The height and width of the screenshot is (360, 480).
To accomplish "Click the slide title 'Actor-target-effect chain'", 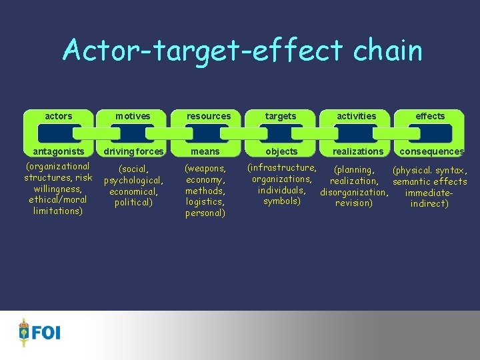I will click(x=242, y=51).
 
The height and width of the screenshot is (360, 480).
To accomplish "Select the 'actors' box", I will click(x=59, y=116).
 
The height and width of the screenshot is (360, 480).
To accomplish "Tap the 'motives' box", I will click(x=133, y=116).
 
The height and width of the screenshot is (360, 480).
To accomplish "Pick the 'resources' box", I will click(x=209, y=116).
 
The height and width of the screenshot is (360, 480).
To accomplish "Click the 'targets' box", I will click(x=281, y=116).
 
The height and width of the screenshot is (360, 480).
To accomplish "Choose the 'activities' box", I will click(x=357, y=116).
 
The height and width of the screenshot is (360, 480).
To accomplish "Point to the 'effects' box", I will click(x=430, y=116).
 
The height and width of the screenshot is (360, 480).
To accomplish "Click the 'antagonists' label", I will click(x=58, y=151).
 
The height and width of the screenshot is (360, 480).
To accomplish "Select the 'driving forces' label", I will click(x=133, y=151).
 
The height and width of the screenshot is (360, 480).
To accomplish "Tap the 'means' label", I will click(x=205, y=151).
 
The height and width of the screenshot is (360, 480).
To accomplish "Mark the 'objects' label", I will click(x=281, y=151).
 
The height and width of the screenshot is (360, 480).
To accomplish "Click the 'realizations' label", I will click(x=359, y=151).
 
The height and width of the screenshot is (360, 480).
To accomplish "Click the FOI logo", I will click(x=39, y=331).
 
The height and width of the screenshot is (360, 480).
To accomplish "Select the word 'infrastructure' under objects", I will click(x=283, y=167).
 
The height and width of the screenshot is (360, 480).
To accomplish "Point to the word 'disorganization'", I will click(x=354, y=193).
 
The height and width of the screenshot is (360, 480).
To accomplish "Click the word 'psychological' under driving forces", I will click(x=133, y=181).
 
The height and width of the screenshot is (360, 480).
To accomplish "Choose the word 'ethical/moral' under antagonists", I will click(x=58, y=199).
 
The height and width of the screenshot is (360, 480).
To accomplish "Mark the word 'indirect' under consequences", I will click(x=429, y=203).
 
